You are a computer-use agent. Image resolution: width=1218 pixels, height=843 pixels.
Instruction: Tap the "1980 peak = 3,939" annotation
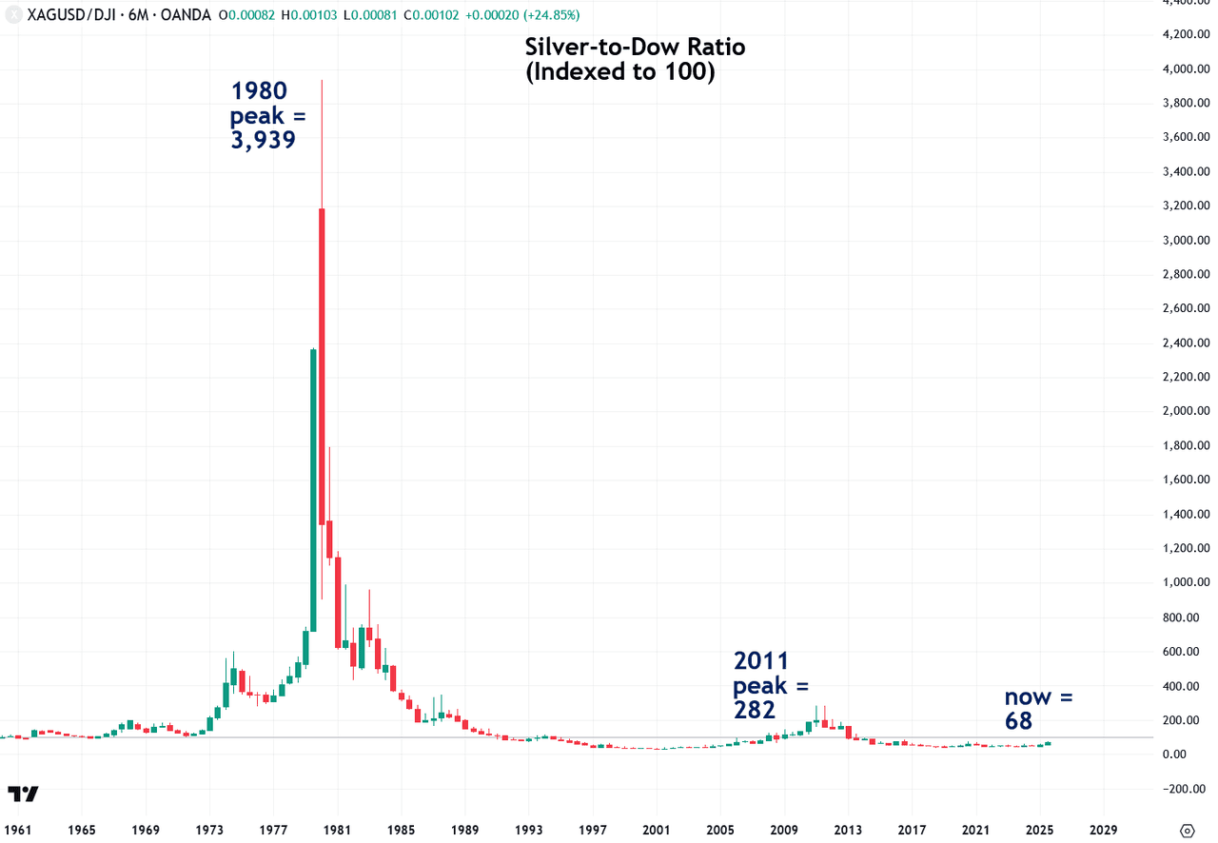click(x=263, y=116)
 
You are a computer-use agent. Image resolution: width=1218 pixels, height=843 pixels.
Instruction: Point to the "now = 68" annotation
click(x=1038, y=710)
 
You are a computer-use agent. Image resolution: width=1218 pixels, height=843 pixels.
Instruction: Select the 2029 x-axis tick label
click(x=1104, y=829)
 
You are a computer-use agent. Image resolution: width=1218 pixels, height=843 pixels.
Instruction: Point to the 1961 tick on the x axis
click(x=18, y=829)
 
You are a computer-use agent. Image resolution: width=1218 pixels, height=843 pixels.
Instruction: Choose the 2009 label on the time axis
click(x=784, y=829)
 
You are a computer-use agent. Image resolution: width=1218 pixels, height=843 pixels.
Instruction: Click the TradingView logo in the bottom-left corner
click(x=23, y=794)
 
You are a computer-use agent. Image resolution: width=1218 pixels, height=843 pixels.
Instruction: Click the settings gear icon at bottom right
click(x=1187, y=830)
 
